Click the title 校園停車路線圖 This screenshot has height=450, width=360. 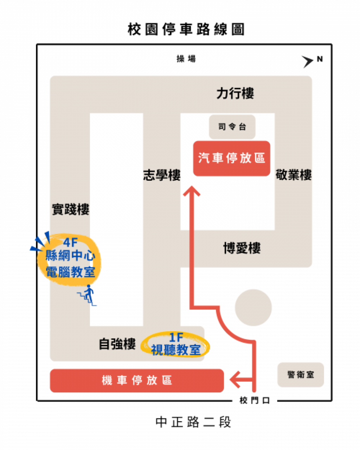click(186, 30)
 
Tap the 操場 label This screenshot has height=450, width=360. click(186, 59)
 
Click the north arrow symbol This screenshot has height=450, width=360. click(308, 62)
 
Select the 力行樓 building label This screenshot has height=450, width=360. click(235, 94)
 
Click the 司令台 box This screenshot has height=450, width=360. click(232, 127)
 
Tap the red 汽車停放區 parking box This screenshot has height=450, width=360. click(232, 158)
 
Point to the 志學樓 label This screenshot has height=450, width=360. click(162, 175)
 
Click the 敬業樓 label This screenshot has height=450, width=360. click(294, 175)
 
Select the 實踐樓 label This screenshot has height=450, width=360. click(71, 210)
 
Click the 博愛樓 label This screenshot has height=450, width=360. click(242, 249)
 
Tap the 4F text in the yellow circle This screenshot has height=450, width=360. click(70, 242)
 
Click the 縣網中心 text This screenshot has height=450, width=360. click(70, 256)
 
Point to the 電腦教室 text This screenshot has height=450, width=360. click(70, 271)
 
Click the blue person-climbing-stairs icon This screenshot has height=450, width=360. click(87, 295)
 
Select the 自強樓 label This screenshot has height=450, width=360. click(117, 344)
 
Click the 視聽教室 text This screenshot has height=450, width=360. click(175, 350)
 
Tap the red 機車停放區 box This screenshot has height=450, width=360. click(137, 380)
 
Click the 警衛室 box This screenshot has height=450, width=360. click(301, 375)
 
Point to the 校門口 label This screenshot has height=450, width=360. click(255, 400)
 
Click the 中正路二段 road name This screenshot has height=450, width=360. click(193, 422)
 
